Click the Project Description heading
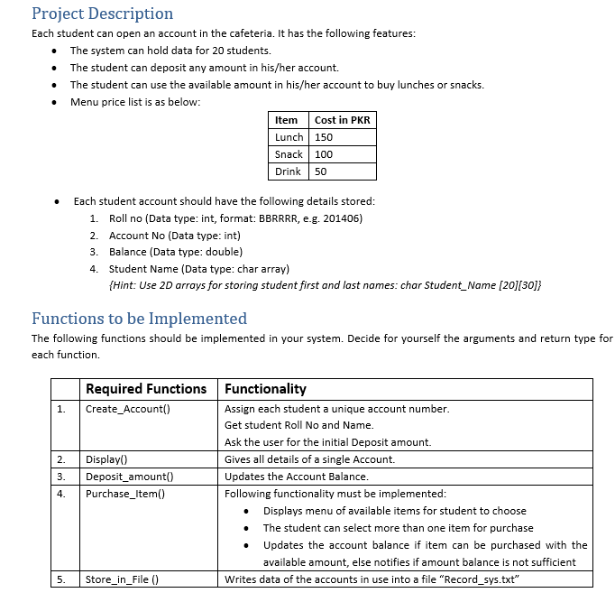tap(102, 14)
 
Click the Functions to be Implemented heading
tap(139, 319)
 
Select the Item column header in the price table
tap(287, 120)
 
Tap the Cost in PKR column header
tap(342, 120)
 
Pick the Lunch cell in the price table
tap(289, 137)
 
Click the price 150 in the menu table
tap(324, 137)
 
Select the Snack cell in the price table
tap(289, 154)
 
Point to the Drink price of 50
tap(321, 171)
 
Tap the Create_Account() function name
tap(128, 409)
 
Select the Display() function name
tap(106, 459)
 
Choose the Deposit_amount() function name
tap(129, 477)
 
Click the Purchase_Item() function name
tap(125, 494)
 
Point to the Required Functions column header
tap(146, 389)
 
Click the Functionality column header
tap(265, 389)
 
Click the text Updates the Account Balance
tap(296, 477)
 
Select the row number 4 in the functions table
tap(60, 494)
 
